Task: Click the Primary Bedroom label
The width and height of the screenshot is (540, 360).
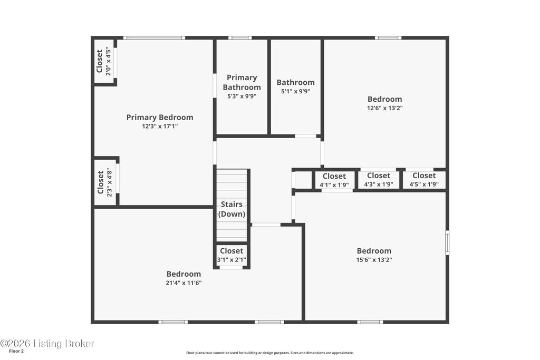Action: click(x=160, y=118)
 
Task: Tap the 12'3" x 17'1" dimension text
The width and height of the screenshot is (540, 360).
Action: click(x=160, y=127)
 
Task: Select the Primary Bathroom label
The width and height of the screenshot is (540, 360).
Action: click(x=242, y=82)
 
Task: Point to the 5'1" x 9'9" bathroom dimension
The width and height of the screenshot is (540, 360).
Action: click(x=295, y=92)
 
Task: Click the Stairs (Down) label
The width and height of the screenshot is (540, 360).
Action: click(x=232, y=209)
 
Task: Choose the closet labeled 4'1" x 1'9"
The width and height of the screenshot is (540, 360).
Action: click(x=334, y=180)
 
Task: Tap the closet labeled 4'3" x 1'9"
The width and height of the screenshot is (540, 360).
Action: click(x=379, y=180)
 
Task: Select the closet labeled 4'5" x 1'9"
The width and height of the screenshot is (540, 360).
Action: click(x=424, y=180)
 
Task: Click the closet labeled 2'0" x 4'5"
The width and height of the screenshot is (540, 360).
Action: click(x=104, y=61)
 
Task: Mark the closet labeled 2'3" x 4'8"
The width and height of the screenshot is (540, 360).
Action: click(x=105, y=182)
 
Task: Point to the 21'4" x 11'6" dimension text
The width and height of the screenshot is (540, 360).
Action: click(x=184, y=283)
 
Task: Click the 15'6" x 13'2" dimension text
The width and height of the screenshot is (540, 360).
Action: click(x=374, y=260)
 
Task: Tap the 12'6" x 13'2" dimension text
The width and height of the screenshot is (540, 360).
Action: click(x=384, y=108)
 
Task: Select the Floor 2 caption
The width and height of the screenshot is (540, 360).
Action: click(x=16, y=352)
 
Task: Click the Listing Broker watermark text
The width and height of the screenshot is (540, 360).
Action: click(x=47, y=344)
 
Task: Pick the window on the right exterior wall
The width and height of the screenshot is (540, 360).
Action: click(x=447, y=242)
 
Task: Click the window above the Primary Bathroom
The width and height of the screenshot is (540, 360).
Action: click(x=240, y=38)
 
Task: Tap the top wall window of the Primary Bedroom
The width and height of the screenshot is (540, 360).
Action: click(x=155, y=38)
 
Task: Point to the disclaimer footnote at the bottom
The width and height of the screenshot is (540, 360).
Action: click(x=269, y=353)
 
